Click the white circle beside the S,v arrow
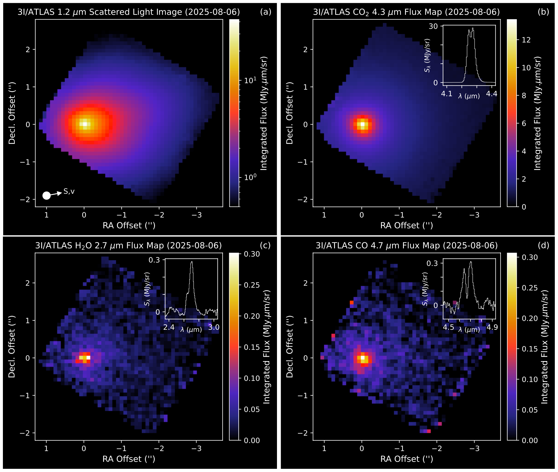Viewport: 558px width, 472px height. [46, 195]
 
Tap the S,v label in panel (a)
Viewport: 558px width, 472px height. [69, 191]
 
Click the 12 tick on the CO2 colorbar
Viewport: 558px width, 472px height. [526, 40]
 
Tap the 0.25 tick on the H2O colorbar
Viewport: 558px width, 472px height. [252, 285]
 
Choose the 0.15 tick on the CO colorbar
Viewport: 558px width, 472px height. [530, 349]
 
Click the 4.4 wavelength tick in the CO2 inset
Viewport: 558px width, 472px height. [491, 94]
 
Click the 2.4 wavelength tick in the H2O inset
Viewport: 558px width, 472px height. [169, 328]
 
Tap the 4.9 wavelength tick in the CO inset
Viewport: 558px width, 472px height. [492, 328]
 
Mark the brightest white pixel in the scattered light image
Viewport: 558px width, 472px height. [85, 124]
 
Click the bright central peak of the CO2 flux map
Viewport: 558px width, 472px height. [362, 125]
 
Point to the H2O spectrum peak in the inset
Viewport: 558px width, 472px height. [192, 262]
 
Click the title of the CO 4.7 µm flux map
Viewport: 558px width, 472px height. [406, 246]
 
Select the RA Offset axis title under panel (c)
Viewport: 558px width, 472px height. [129, 459]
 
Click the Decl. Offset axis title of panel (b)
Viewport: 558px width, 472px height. [289, 113]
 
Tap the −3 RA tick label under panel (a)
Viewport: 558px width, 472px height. [197, 215]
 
